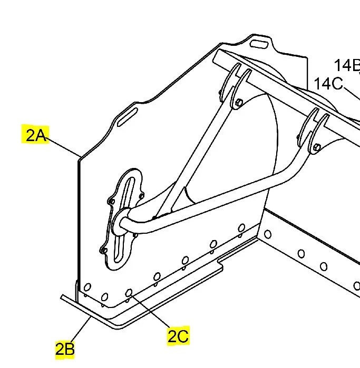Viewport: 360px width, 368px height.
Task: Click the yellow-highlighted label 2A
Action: click(35, 135)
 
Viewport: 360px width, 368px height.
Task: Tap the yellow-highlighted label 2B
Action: click(65, 349)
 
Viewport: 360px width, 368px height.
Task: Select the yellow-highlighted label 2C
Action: click(178, 336)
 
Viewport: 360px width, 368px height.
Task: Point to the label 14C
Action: click(328, 84)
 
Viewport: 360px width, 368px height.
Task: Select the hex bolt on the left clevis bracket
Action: click(239, 102)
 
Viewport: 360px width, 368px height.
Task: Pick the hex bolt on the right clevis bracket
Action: click(316, 148)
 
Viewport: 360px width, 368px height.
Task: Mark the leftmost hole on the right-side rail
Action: click(267, 233)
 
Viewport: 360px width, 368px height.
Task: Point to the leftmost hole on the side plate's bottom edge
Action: click(87, 287)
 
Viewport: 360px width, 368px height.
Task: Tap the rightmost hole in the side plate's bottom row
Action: click(241, 228)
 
